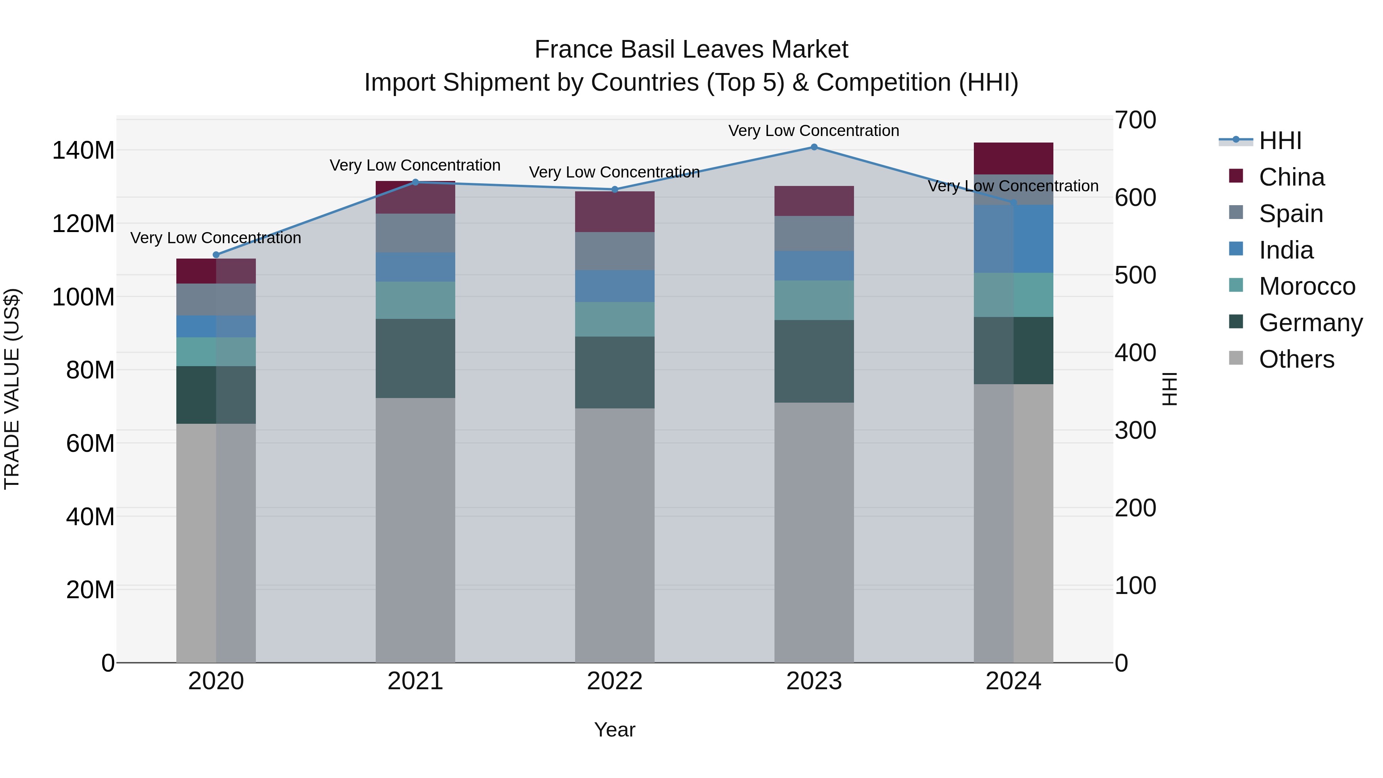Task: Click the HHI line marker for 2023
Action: click(x=814, y=147)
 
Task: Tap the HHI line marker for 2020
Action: click(x=216, y=255)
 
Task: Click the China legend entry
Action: click(x=1291, y=177)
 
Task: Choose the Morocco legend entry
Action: click(x=1307, y=286)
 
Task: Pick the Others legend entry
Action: click(x=1296, y=359)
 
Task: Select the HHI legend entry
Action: click(x=1280, y=141)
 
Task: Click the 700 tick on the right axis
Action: click(x=1135, y=120)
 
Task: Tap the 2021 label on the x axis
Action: click(x=415, y=681)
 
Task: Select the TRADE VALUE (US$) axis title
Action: click(x=12, y=389)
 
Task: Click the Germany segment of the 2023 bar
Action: click(x=814, y=362)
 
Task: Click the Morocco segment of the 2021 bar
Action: click(x=415, y=300)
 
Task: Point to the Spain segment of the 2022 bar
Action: click(x=615, y=251)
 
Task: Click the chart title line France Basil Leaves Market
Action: click(x=691, y=50)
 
